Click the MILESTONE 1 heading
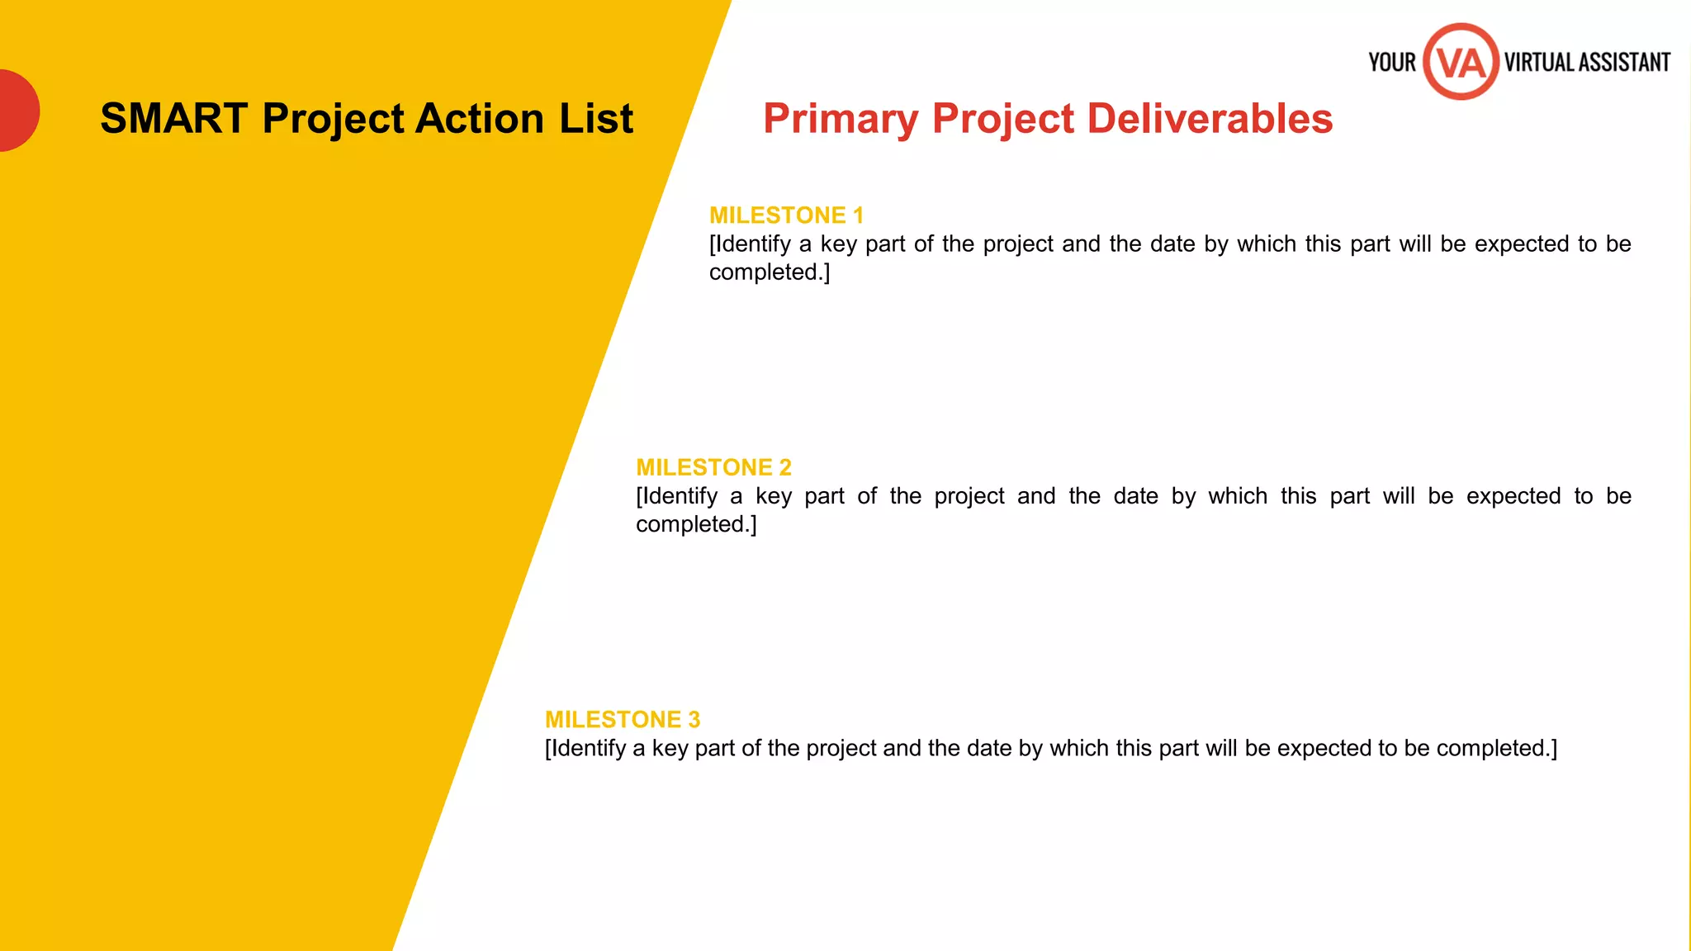pos(786,215)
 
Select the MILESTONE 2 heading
pos(713,467)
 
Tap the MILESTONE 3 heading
pos(623,720)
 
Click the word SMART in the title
pos(174,119)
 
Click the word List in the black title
pos(596,119)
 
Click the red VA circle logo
pos(1461,62)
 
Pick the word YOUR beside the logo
pos(1392,63)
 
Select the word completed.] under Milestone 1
pos(770,272)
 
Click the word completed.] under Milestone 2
pos(696,524)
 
